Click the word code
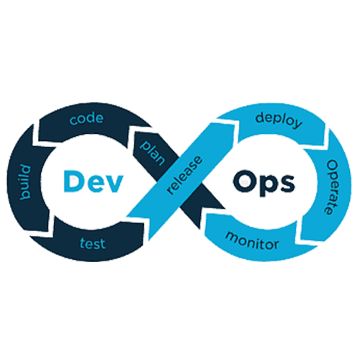[86, 119]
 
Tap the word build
[25, 182]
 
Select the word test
[93, 243]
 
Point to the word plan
[153, 153]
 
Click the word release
[184, 175]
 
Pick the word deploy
[279, 120]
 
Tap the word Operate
[332, 187]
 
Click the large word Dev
[94, 181]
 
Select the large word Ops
[264, 183]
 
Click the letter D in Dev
[73, 181]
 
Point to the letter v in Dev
[114, 184]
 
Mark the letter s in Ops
[287, 184]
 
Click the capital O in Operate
[333, 166]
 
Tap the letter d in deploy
[260, 117]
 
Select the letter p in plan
[145, 145]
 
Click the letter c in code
[73, 121]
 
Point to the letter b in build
[25, 195]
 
